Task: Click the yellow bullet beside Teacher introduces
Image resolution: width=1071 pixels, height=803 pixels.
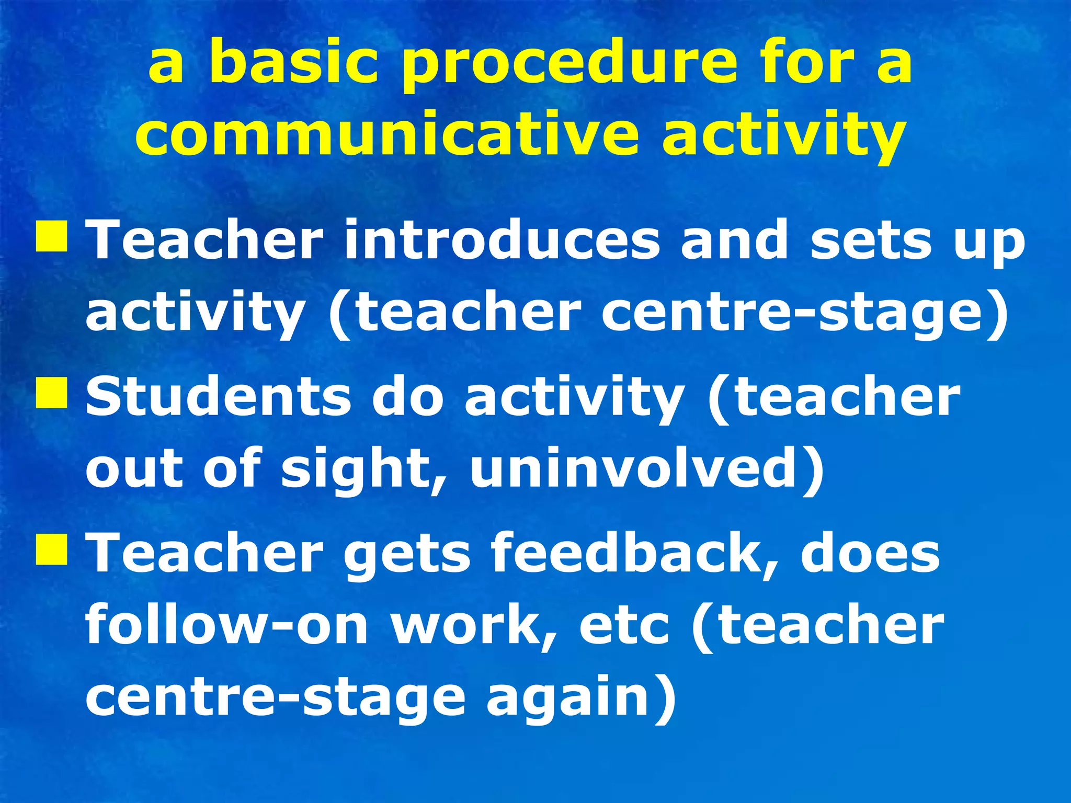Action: pos(51,237)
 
